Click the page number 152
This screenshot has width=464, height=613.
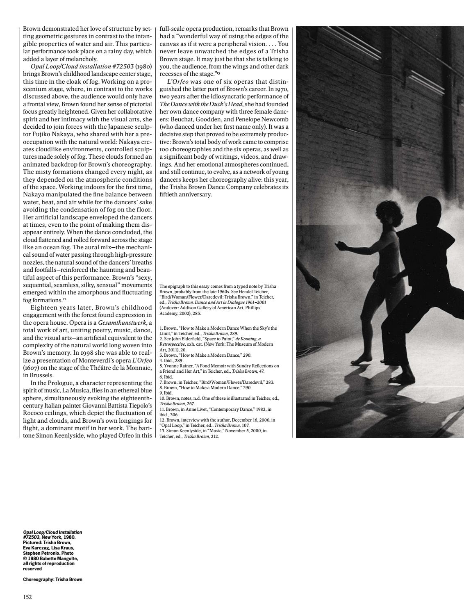(27, 597)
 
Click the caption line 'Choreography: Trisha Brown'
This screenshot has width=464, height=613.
(52, 579)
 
